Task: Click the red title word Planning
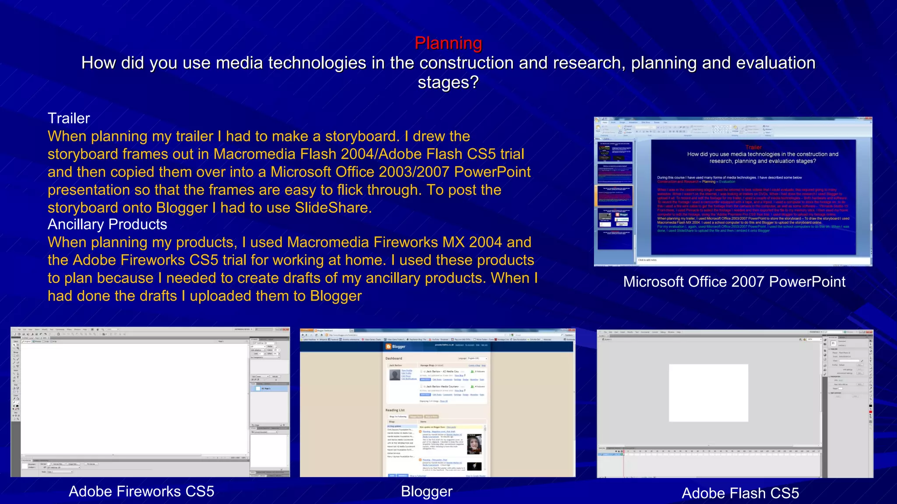tap(448, 43)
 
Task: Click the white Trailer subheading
tap(69, 118)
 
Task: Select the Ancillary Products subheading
tap(107, 224)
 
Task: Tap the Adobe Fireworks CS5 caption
tap(141, 491)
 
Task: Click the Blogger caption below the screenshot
tap(427, 491)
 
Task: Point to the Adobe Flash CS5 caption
tap(740, 493)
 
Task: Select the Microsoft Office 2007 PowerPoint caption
tap(734, 282)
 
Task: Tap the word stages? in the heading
tap(448, 82)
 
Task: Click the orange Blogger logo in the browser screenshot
tap(388, 346)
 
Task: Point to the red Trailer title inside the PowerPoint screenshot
tap(753, 147)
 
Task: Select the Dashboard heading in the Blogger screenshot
tap(394, 358)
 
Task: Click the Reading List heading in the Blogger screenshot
tap(395, 410)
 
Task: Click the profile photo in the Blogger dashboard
tap(395, 375)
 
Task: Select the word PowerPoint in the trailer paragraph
tap(492, 172)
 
